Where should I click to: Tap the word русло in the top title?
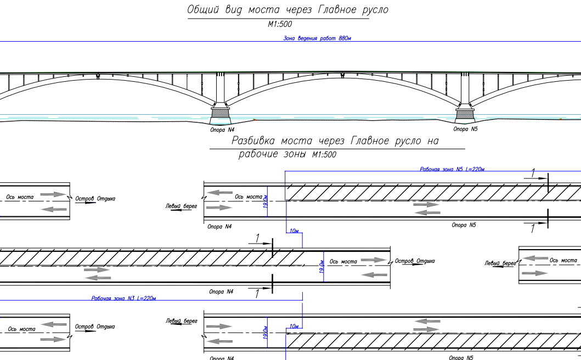[x=372, y=10]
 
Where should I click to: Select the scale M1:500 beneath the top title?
[x=279, y=24]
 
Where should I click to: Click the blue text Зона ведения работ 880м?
[x=317, y=38]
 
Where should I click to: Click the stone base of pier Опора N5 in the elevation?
[x=465, y=114]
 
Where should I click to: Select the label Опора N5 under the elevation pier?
[x=465, y=130]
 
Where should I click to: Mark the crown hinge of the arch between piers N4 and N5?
[x=342, y=75]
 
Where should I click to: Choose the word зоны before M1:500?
[x=294, y=155]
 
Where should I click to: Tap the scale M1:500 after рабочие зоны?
[x=324, y=155]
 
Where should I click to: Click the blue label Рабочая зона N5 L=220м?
[x=452, y=169]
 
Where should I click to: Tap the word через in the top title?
[x=299, y=10]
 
